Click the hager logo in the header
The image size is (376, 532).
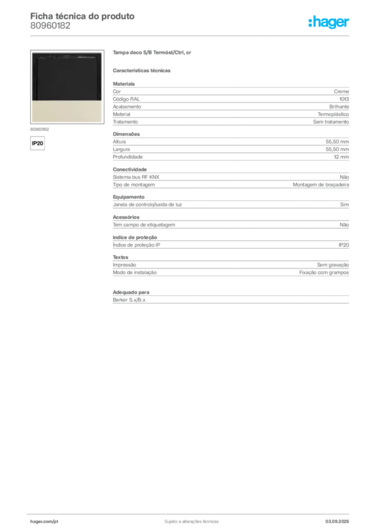pyautogui.click(x=329, y=22)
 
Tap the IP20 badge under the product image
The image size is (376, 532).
pyautogui.click(x=37, y=143)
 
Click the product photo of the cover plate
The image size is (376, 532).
pyautogui.click(x=67, y=87)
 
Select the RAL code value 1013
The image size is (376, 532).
pyautogui.click(x=344, y=99)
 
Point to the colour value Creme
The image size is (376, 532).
pyautogui.click(x=341, y=91)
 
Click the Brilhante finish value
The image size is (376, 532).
pyautogui.click(x=339, y=107)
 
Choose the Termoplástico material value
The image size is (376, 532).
pyautogui.click(x=333, y=114)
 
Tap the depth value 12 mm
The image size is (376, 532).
pyautogui.click(x=341, y=157)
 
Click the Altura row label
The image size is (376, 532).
pyautogui.click(x=119, y=142)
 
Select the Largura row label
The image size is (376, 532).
pyautogui.click(x=122, y=149)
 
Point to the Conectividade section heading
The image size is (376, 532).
pyautogui.click(x=130, y=169)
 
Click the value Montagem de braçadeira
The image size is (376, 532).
pyautogui.click(x=321, y=184)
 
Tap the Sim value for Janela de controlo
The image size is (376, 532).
pyautogui.click(x=344, y=205)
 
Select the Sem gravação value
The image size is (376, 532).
pyautogui.click(x=333, y=265)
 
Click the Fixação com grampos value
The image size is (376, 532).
pyautogui.click(x=324, y=272)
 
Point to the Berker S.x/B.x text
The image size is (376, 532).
pyautogui.click(x=129, y=300)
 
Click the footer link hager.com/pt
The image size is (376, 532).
pyautogui.click(x=44, y=522)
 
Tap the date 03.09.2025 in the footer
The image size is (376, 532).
pyautogui.click(x=337, y=522)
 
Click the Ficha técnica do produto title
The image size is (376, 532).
pyautogui.click(x=83, y=16)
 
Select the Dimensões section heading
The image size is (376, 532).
pyautogui.click(x=126, y=134)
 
